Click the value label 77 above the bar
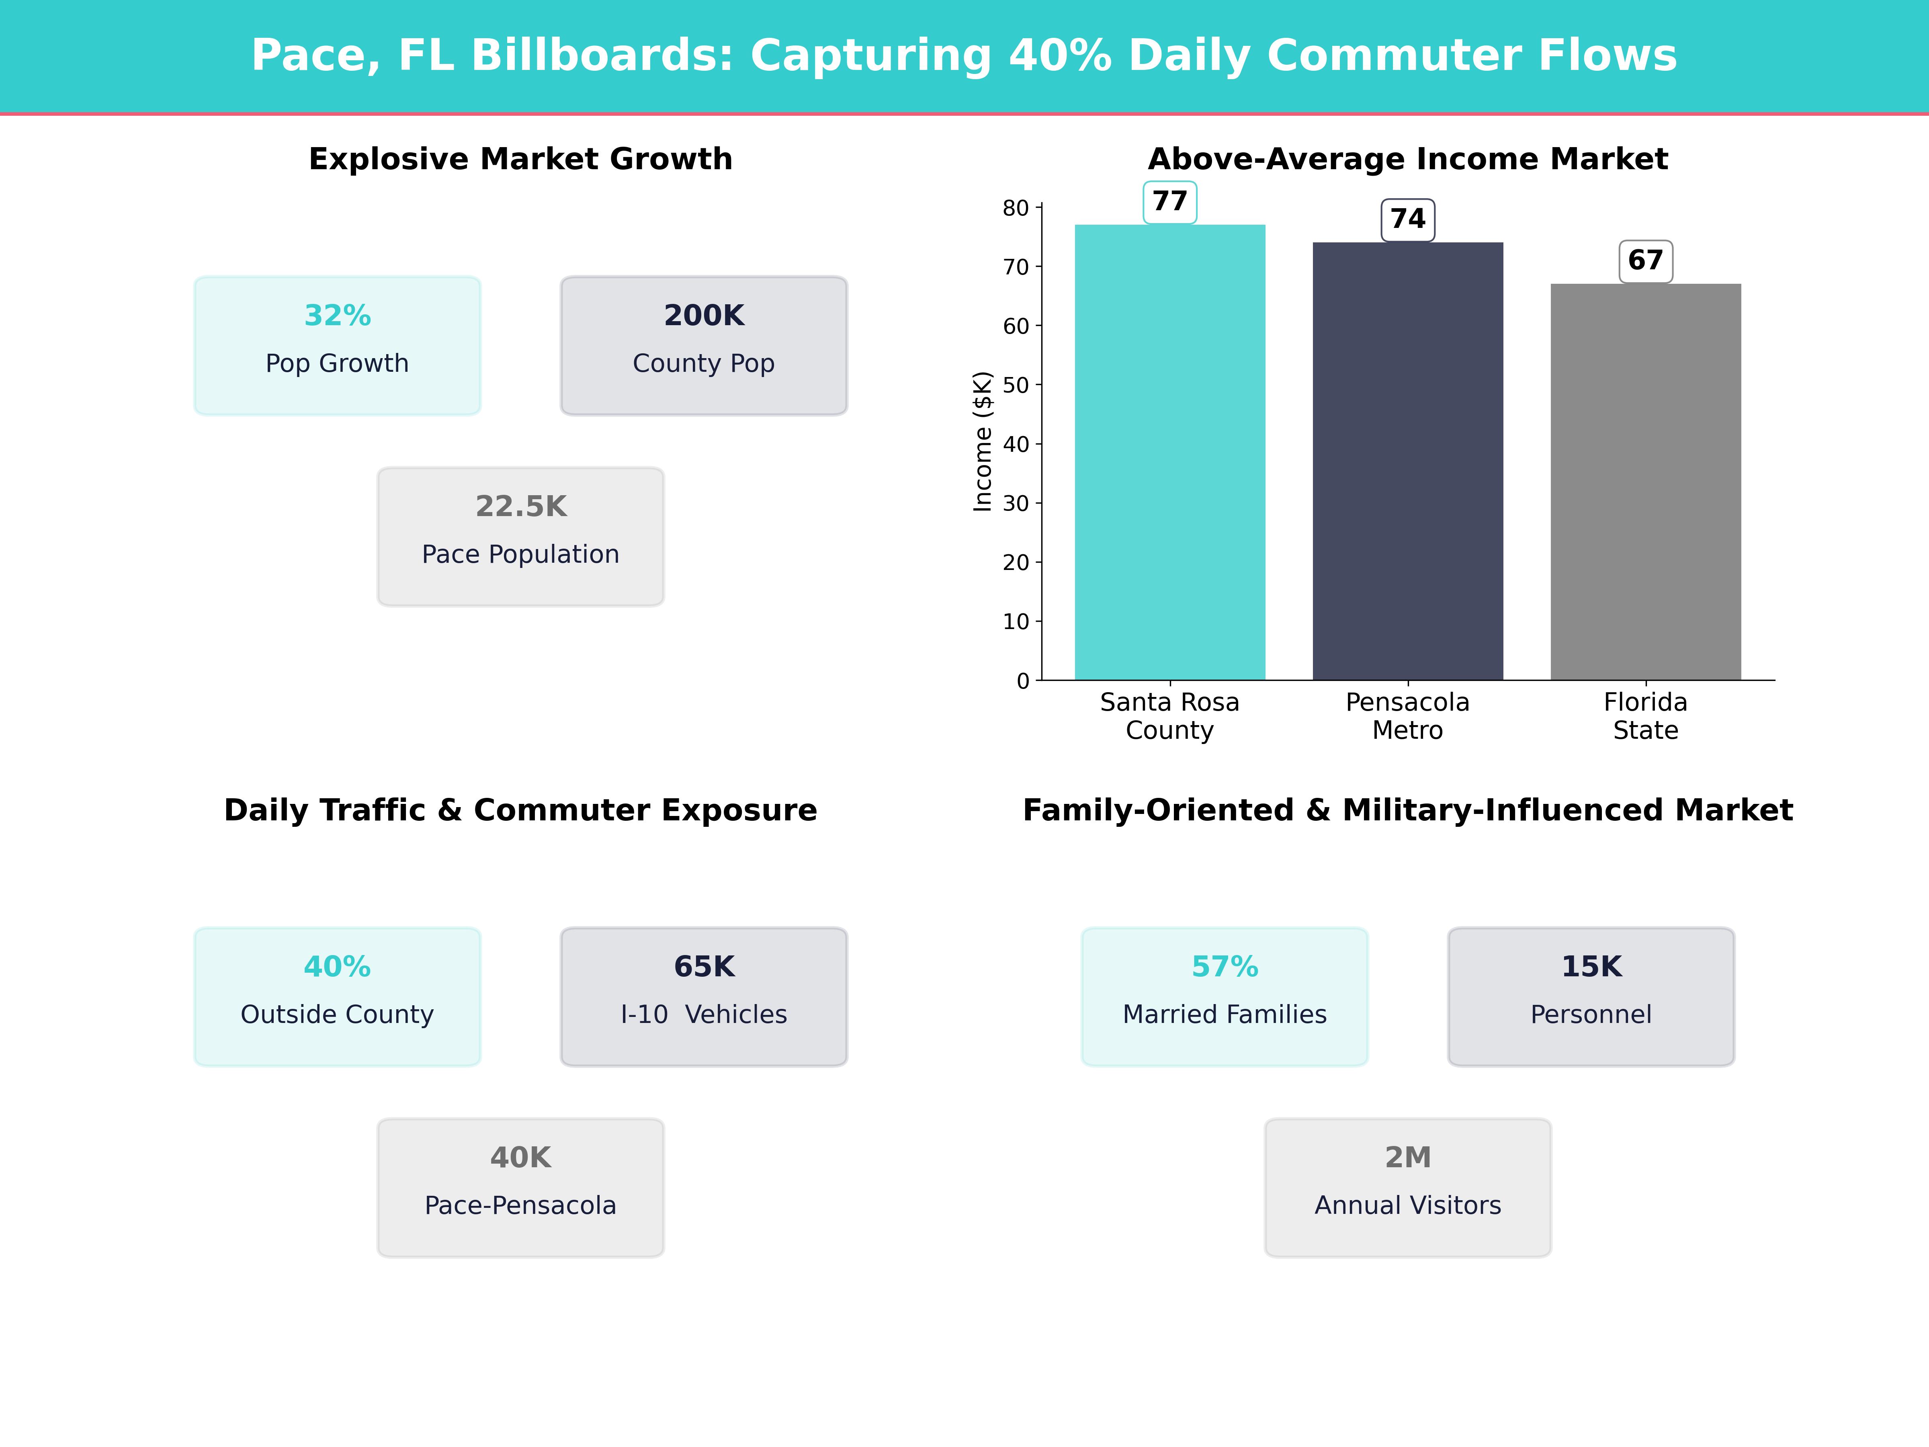(1169, 201)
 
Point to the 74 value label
(1407, 219)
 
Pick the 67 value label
(1646, 261)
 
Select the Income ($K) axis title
(983, 441)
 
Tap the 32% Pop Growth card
(338, 345)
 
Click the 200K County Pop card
(704, 345)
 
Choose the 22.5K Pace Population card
(520, 537)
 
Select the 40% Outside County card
(338, 996)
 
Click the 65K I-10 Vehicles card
(704, 996)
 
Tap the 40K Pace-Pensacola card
(520, 1187)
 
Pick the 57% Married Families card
(1225, 996)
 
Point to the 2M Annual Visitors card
(1407, 1187)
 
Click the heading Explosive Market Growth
(520, 159)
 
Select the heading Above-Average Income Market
(1407, 159)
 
